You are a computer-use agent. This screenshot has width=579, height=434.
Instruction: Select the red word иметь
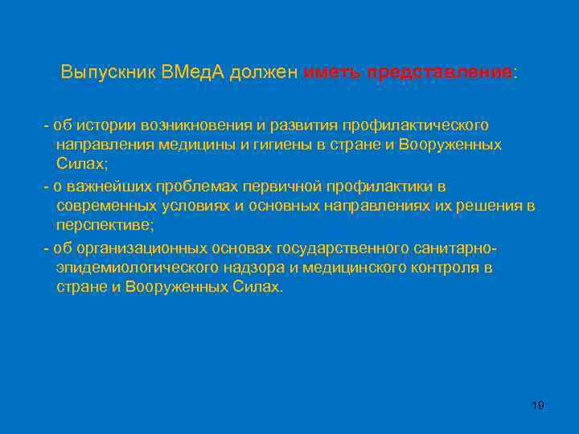(x=332, y=72)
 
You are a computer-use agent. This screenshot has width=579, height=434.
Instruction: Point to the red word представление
(x=439, y=72)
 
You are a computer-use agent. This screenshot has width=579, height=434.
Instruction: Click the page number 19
(x=538, y=405)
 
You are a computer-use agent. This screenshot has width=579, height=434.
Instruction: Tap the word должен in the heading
(x=263, y=72)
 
